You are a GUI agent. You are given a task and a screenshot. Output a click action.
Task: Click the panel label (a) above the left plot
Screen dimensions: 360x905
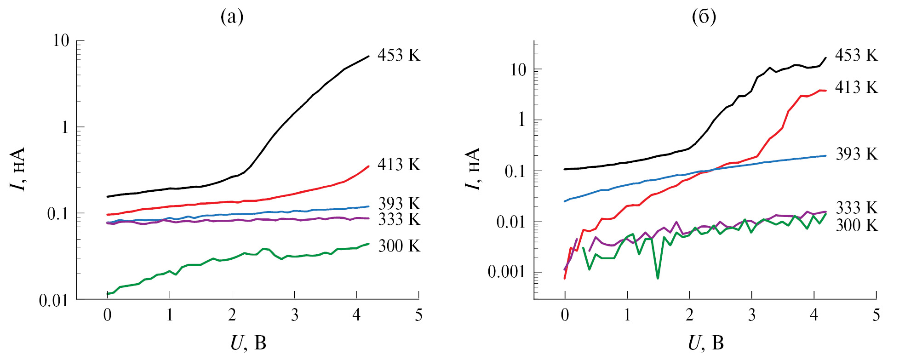pyautogui.click(x=232, y=17)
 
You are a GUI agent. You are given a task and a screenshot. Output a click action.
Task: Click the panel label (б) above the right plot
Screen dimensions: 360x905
pyautogui.click(x=704, y=17)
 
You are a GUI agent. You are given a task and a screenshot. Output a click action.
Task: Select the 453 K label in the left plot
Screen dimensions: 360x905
pyautogui.click(x=399, y=55)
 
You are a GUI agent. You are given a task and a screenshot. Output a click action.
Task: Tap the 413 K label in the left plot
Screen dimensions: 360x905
pyautogui.click(x=399, y=165)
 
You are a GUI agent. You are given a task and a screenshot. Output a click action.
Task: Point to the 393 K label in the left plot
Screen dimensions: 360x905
pyautogui.click(x=399, y=203)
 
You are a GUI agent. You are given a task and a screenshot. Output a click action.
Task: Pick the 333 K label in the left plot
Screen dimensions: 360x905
pyautogui.click(x=399, y=219)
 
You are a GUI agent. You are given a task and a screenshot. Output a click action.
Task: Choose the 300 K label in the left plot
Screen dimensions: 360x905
pyautogui.click(x=399, y=246)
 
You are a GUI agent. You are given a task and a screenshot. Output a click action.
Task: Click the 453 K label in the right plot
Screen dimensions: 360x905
pyautogui.click(x=856, y=55)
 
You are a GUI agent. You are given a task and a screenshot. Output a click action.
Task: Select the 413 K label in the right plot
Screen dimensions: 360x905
pyautogui.click(x=856, y=87)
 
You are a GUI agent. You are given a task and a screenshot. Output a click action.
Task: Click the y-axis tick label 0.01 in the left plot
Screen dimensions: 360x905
pyautogui.click(x=54, y=301)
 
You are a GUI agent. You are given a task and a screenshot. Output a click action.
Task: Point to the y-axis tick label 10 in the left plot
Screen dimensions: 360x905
pyautogui.click(x=61, y=40)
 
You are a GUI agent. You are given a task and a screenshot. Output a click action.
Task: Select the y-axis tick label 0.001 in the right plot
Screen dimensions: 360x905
pyautogui.click(x=506, y=272)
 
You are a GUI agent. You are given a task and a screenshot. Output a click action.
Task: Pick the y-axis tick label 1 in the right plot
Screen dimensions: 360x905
pyautogui.click(x=521, y=120)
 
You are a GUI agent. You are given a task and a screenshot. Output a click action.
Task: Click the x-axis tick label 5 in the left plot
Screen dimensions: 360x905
pyautogui.click(x=418, y=315)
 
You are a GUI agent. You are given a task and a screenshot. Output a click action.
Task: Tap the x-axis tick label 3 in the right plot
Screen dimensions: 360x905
pyautogui.click(x=752, y=315)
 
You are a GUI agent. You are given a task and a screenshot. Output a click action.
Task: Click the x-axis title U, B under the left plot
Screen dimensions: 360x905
pyautogui.click(x=248, y=343)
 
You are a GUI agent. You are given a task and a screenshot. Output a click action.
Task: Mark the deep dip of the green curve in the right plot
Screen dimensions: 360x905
pyautogui.click(x=658, y=277)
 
